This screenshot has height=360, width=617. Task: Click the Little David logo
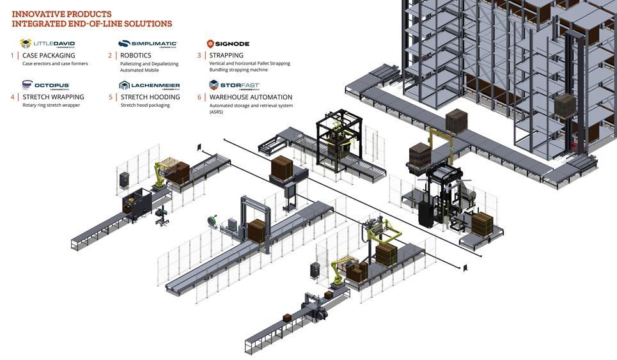[48, 43]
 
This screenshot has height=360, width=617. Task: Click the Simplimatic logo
[148, 43]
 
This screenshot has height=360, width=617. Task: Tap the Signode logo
[228, 43]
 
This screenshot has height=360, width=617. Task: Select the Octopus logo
[45, 84]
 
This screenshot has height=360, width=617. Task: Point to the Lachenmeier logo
[149, 84]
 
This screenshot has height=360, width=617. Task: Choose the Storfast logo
[234, 84]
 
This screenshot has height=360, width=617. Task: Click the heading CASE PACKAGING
[49, 56]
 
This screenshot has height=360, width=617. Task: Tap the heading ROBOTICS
[136, 56]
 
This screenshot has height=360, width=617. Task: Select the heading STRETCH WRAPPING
[53, 97]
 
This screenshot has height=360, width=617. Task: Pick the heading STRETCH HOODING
[150, 97]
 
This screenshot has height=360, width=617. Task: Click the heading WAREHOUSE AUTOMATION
[251, 97]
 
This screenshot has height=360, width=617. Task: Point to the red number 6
[199, 97]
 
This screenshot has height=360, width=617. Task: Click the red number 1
[12, 56]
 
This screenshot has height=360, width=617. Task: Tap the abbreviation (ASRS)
[218, 112]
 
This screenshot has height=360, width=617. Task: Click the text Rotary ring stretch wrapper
[51, 105]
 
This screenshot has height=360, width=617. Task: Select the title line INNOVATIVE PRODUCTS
[61, 14]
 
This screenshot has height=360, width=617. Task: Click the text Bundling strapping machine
[238, 70]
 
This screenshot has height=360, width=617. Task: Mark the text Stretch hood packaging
[145, 105]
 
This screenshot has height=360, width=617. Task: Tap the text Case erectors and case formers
[55, 63]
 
